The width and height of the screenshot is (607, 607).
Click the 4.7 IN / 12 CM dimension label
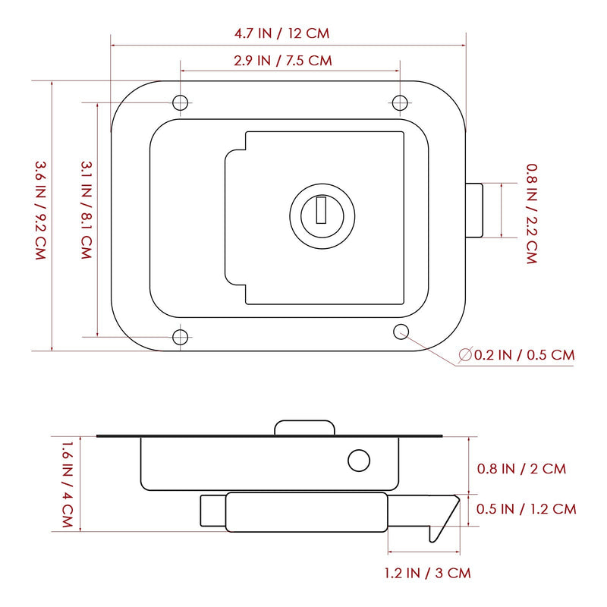pyautogui.click(x=281, y=33)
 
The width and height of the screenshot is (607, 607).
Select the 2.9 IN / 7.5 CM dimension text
pyautogui.click(x=283, y=61)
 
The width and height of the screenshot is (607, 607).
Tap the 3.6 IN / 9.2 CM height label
pyautogui.click(x=41, y=210)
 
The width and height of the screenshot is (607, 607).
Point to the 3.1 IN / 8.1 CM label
pyautogui.click(x=86, y=210)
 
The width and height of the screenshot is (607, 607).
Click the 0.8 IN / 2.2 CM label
pyautogui.click(x=532, y=214)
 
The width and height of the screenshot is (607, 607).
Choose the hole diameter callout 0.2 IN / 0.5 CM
pyautogui.click(x=517, y=355)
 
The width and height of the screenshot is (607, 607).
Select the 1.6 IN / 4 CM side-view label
pyautogui.click(x=68, y=485)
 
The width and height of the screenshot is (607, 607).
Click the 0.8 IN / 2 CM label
pyautogui.click(x=521, y=469)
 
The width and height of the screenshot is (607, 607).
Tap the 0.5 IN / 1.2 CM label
pyautogui.click(x=526, y=508)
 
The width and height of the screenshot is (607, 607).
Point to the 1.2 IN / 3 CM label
pyautogui.click(x=428, y=573)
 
